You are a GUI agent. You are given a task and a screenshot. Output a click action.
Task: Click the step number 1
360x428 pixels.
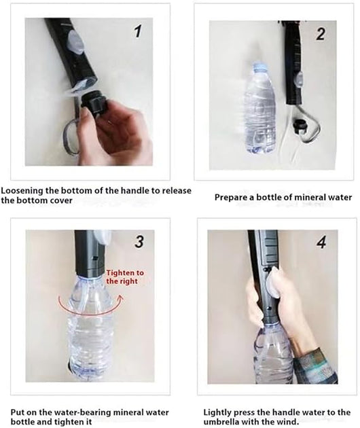coord(139,33)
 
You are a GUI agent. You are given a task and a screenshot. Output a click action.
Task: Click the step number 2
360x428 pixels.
coord(320,33)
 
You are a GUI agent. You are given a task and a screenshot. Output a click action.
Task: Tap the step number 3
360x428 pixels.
coord(139,241)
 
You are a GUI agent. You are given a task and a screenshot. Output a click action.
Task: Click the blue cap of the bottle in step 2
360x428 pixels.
coord(259,67)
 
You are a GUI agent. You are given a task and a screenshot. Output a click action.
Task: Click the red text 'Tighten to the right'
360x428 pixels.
coord(124,276)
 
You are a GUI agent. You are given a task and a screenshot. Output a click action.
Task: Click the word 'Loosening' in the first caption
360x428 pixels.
coord(22,192)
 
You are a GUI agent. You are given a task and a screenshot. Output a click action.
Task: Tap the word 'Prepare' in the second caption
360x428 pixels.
coord(231,198)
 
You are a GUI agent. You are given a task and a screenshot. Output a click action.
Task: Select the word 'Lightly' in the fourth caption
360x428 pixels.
coord(219,412)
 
